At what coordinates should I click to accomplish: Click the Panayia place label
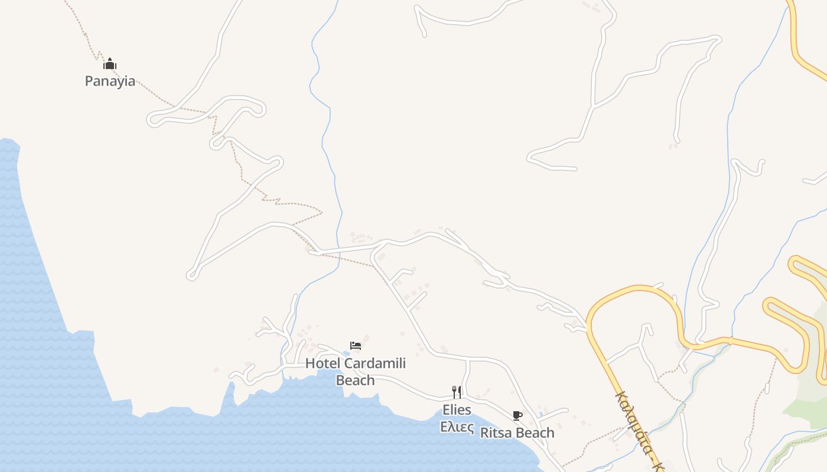tap(110, 81)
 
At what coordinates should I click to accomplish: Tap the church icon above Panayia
tap(110, 64)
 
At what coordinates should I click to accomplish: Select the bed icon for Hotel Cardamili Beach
tap(356, 346)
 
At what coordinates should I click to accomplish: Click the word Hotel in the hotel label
tap(323, 363)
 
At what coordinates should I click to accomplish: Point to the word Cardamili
tap(375, 363)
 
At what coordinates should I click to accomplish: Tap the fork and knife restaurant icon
tap(457, 392)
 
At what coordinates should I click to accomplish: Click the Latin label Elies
tap(457, 410)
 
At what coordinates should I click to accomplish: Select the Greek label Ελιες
tap(457, 427)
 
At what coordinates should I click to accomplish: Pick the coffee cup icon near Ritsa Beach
tap(517, 416)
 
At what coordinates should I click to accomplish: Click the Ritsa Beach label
tap(517, 433)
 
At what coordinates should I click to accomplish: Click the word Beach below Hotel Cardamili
tap(355, 381)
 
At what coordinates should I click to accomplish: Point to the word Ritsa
tap(496, 433)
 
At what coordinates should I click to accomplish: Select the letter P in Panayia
tap(90, 81)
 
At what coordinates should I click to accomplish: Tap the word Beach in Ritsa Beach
tap(534, 433)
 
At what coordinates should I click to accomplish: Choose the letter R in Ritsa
tap(484, 433)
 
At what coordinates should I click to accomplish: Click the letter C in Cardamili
tap(348, 363)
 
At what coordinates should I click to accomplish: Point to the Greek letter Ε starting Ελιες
tap(444, 427)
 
